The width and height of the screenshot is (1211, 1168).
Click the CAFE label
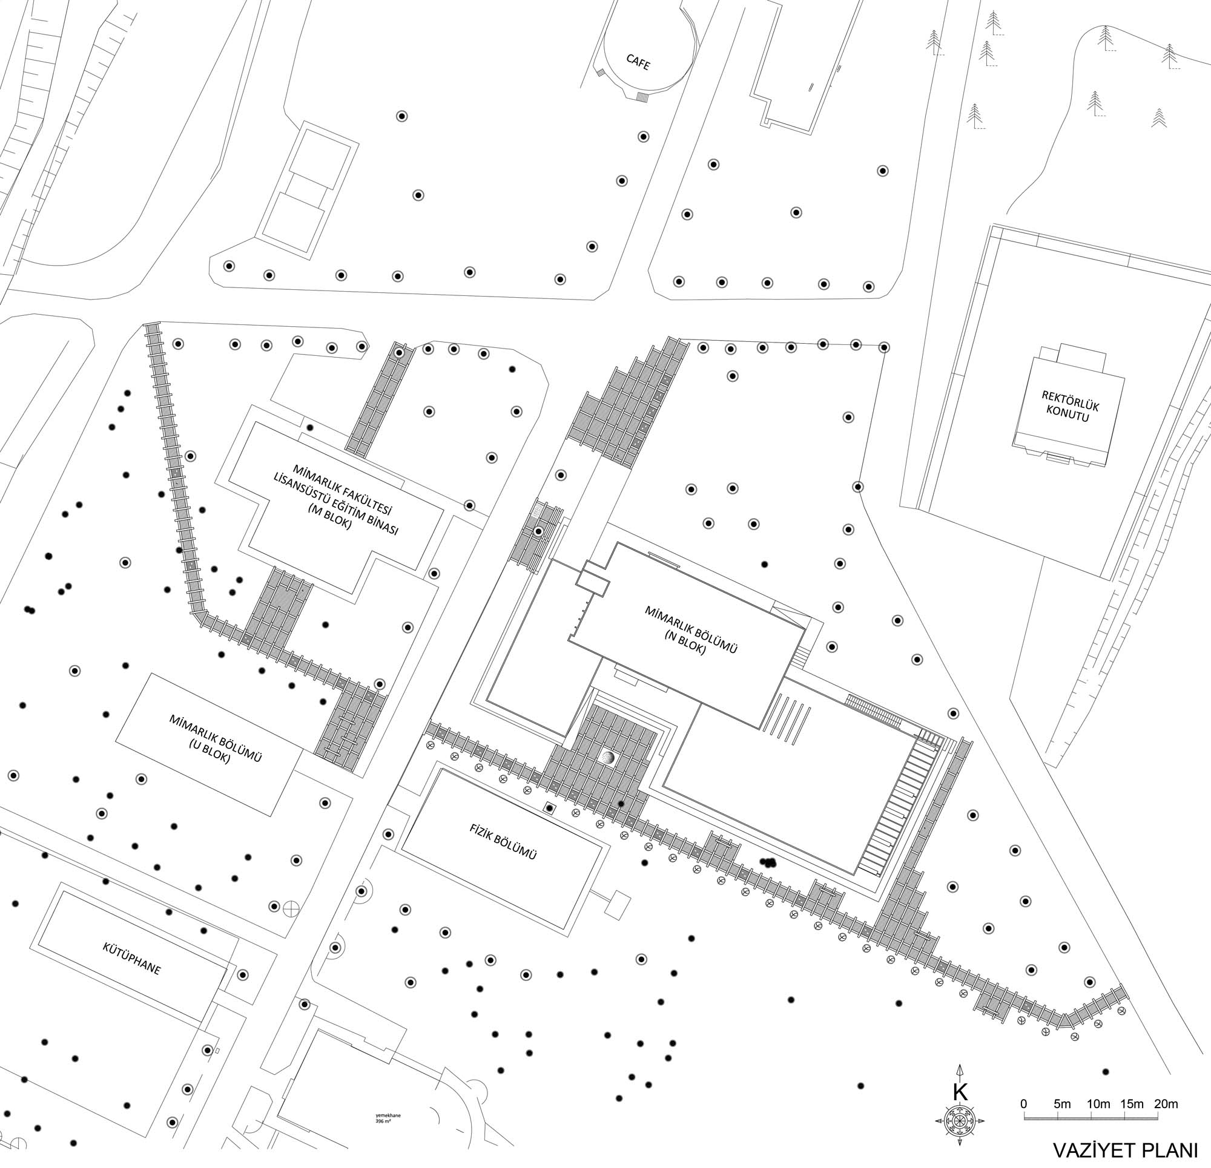[x=638, y=62]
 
